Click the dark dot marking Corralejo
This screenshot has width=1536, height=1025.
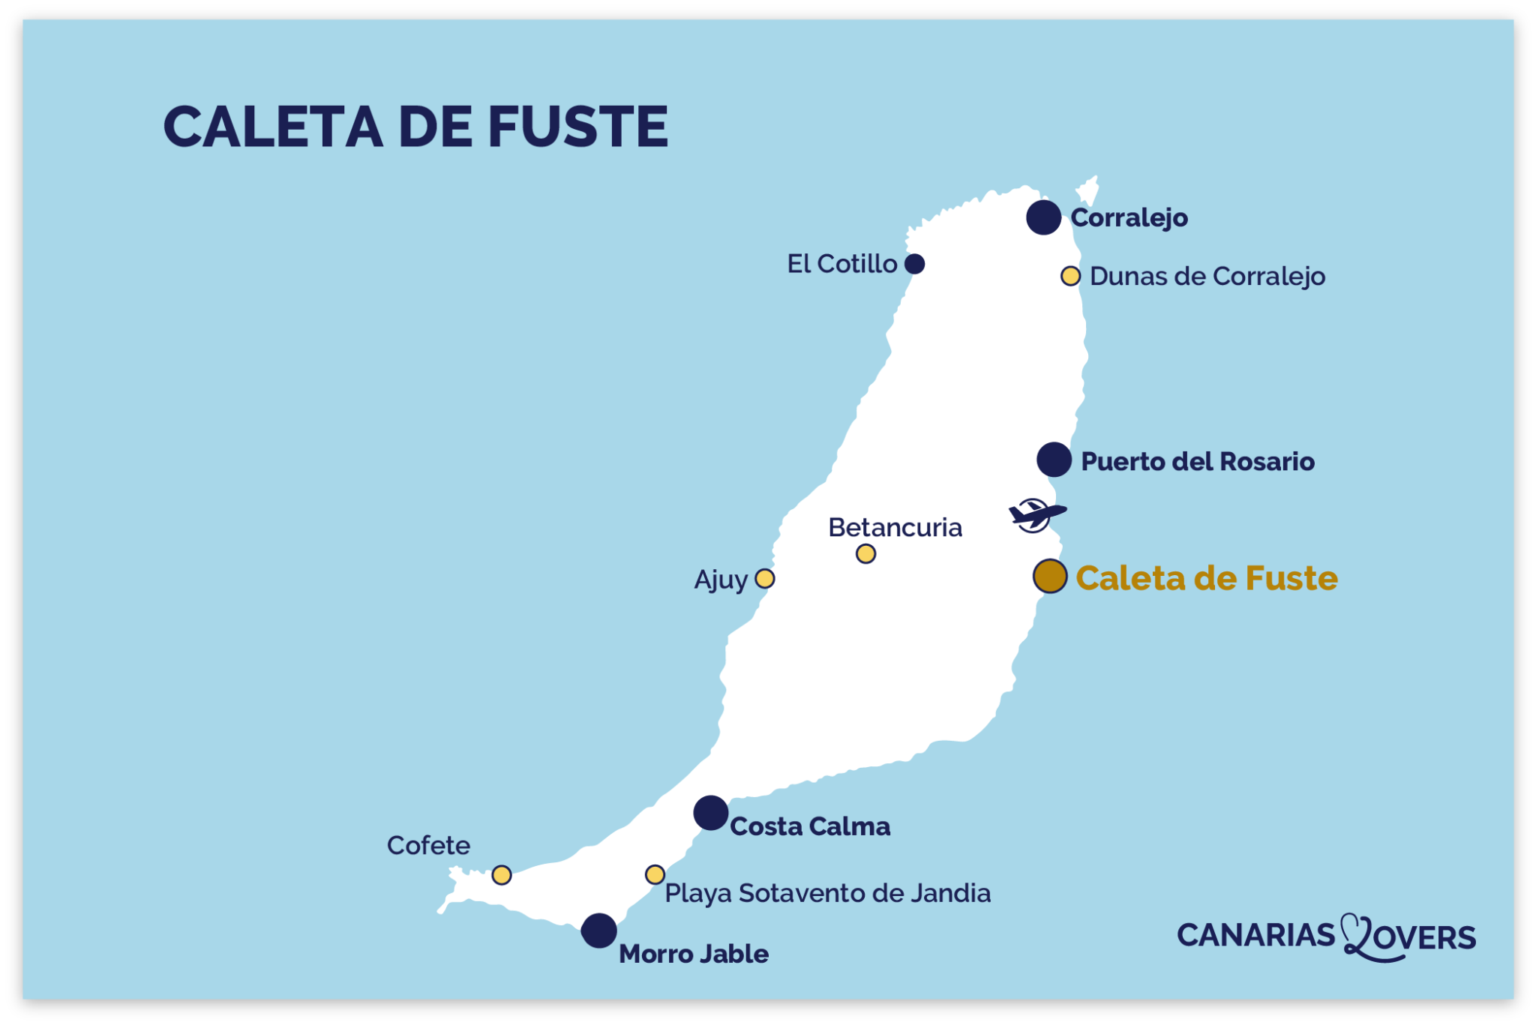1043,217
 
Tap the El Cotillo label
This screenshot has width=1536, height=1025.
841,264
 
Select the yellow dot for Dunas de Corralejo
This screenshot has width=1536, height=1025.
1070,276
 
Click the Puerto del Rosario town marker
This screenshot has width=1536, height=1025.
1054,460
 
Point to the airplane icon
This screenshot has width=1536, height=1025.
1036,515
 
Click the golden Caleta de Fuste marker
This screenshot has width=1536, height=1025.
1050,577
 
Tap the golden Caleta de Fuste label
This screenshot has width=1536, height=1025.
1207,578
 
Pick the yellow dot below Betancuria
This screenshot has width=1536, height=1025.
865,554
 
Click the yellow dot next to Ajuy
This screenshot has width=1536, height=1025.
764,579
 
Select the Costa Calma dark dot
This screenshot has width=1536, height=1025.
710,813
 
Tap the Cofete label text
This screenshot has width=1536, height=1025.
428,846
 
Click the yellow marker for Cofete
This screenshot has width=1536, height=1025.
502,875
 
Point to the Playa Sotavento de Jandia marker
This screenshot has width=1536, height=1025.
655,874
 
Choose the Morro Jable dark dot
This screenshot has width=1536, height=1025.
599,931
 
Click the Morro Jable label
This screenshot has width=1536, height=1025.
694,954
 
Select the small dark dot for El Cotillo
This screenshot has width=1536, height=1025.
914,264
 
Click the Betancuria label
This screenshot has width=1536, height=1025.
895,528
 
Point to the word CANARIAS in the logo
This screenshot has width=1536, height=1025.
1256,936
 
